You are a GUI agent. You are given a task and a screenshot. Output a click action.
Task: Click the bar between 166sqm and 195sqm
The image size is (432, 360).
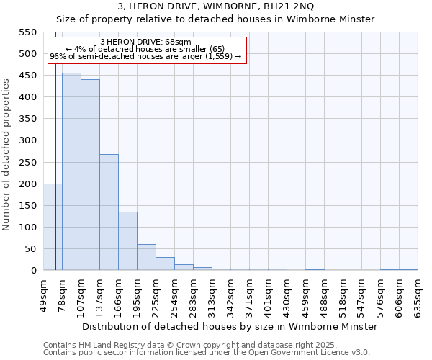pos(127,241)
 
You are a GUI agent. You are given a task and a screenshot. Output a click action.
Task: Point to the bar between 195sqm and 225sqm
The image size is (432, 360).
pos(146,257)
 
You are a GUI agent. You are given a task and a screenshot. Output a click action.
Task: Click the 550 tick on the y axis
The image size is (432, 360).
pos(27,32)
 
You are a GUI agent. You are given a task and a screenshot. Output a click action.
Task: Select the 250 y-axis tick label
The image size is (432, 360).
pos(27,163)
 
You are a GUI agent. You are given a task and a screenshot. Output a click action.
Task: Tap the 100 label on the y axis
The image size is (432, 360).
pos(27,228)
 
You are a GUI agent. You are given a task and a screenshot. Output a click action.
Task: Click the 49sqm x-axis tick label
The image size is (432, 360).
pos(44,292)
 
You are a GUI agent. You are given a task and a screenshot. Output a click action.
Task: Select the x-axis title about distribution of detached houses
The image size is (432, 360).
pos(230,326)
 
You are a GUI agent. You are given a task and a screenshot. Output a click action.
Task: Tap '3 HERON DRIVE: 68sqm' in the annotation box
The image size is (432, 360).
pos(146,42)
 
